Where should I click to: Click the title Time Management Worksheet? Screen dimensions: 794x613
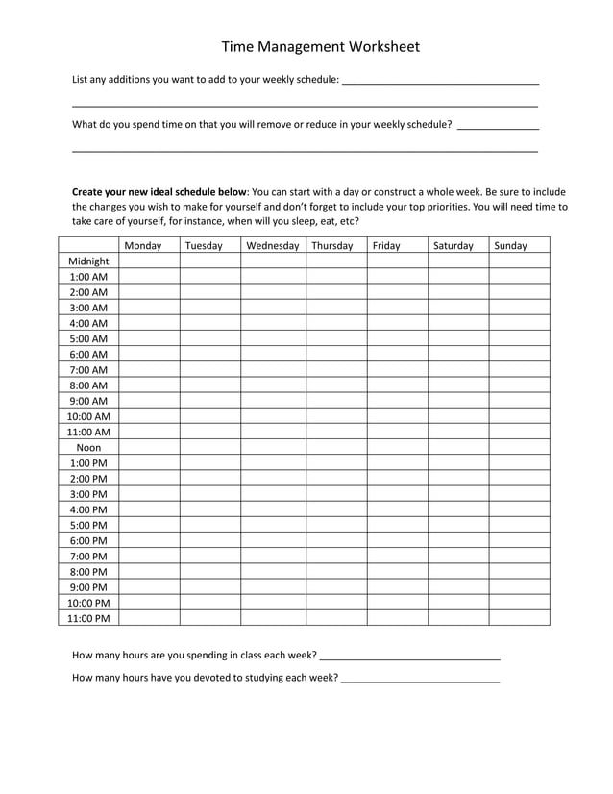pos(320,46)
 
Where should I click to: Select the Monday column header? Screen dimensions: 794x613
pos(143,246)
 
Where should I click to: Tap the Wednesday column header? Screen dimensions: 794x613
pos(273,246)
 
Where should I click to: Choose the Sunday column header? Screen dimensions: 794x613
pos(510,246)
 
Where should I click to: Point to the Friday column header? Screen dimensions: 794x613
pos(385,246)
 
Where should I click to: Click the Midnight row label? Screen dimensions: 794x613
pos(88,261)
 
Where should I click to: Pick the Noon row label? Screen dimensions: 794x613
pos(88,448)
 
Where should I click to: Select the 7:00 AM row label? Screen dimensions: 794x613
pos(88,370)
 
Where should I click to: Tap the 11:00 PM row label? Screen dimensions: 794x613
pos(88,619)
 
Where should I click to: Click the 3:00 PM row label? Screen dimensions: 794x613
pos(88,494)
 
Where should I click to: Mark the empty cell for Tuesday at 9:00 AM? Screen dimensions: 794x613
pos(209,401)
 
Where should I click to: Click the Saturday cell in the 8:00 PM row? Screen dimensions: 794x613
pos(457,572)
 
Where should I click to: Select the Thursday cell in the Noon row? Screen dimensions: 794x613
pos(336,448)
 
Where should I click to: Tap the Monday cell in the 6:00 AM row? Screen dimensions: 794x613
pos(149,355)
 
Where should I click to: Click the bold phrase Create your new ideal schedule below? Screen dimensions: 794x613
pos(159,192)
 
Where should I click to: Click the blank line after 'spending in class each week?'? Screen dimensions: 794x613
pos(409,656)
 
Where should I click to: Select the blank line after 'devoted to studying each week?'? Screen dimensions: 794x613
pos(420,679)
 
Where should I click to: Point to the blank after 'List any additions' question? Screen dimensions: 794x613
pos(440,80)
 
